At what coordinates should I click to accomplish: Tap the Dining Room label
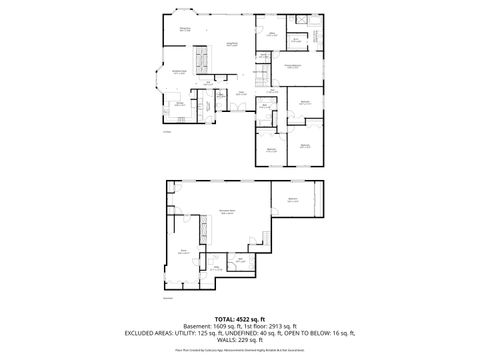185,29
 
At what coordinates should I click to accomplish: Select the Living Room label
231,44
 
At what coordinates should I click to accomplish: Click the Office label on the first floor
271,33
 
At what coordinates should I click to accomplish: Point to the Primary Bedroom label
293,65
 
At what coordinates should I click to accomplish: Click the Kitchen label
180,102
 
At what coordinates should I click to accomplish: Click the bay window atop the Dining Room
182,11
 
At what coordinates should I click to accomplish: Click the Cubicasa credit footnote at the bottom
240,351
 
